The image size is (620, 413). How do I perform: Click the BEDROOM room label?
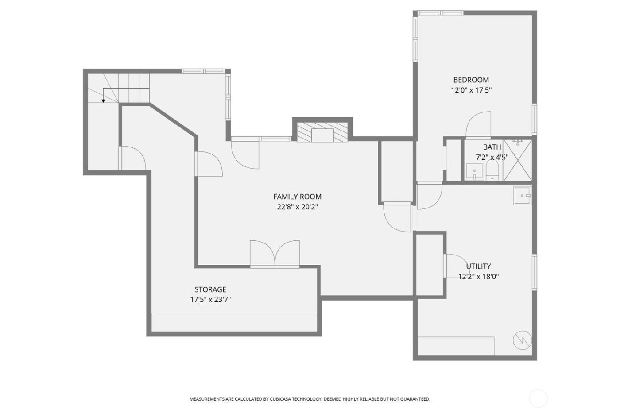point(471,80)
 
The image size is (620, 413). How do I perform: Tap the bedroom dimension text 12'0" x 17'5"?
point(471,90)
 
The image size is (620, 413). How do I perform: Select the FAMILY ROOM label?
point(297,197)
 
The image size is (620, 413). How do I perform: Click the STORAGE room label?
point(210,289)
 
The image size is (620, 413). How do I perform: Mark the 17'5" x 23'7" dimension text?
point(210,300)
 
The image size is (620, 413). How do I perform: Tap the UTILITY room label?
point(478,266)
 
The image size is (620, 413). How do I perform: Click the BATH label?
point(492,147)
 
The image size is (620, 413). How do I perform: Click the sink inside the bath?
point(474,171)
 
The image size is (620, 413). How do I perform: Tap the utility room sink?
point(523,195)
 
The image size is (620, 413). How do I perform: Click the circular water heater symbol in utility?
point(522,340)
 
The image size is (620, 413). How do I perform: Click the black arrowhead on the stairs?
point(103,101)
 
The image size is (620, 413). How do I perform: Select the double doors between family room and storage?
point(275,254)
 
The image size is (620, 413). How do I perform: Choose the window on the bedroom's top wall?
point(441,13)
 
